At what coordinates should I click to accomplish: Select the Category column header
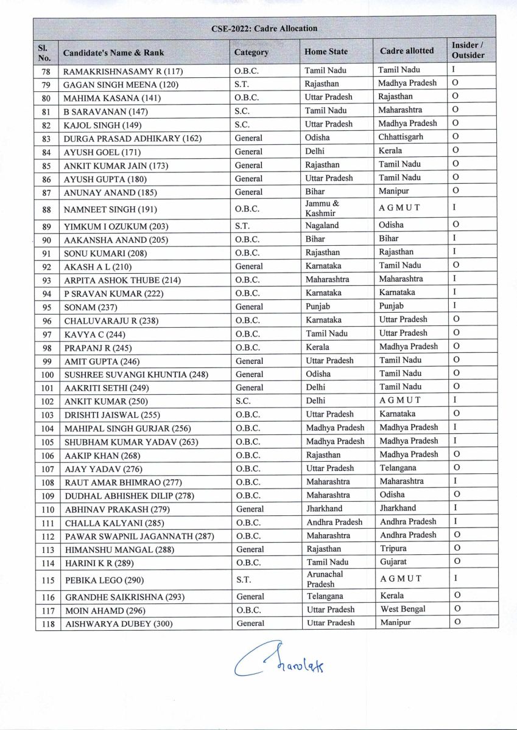point(251,52)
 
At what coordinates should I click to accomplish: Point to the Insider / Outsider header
point(468,51)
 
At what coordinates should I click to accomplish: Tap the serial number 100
point(47,374)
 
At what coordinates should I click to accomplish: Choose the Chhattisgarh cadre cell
point(401,137)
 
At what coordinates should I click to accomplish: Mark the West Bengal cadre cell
point(403,609)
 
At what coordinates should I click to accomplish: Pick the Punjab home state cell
point(318,306)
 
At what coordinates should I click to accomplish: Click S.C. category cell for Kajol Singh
point(247,124)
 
